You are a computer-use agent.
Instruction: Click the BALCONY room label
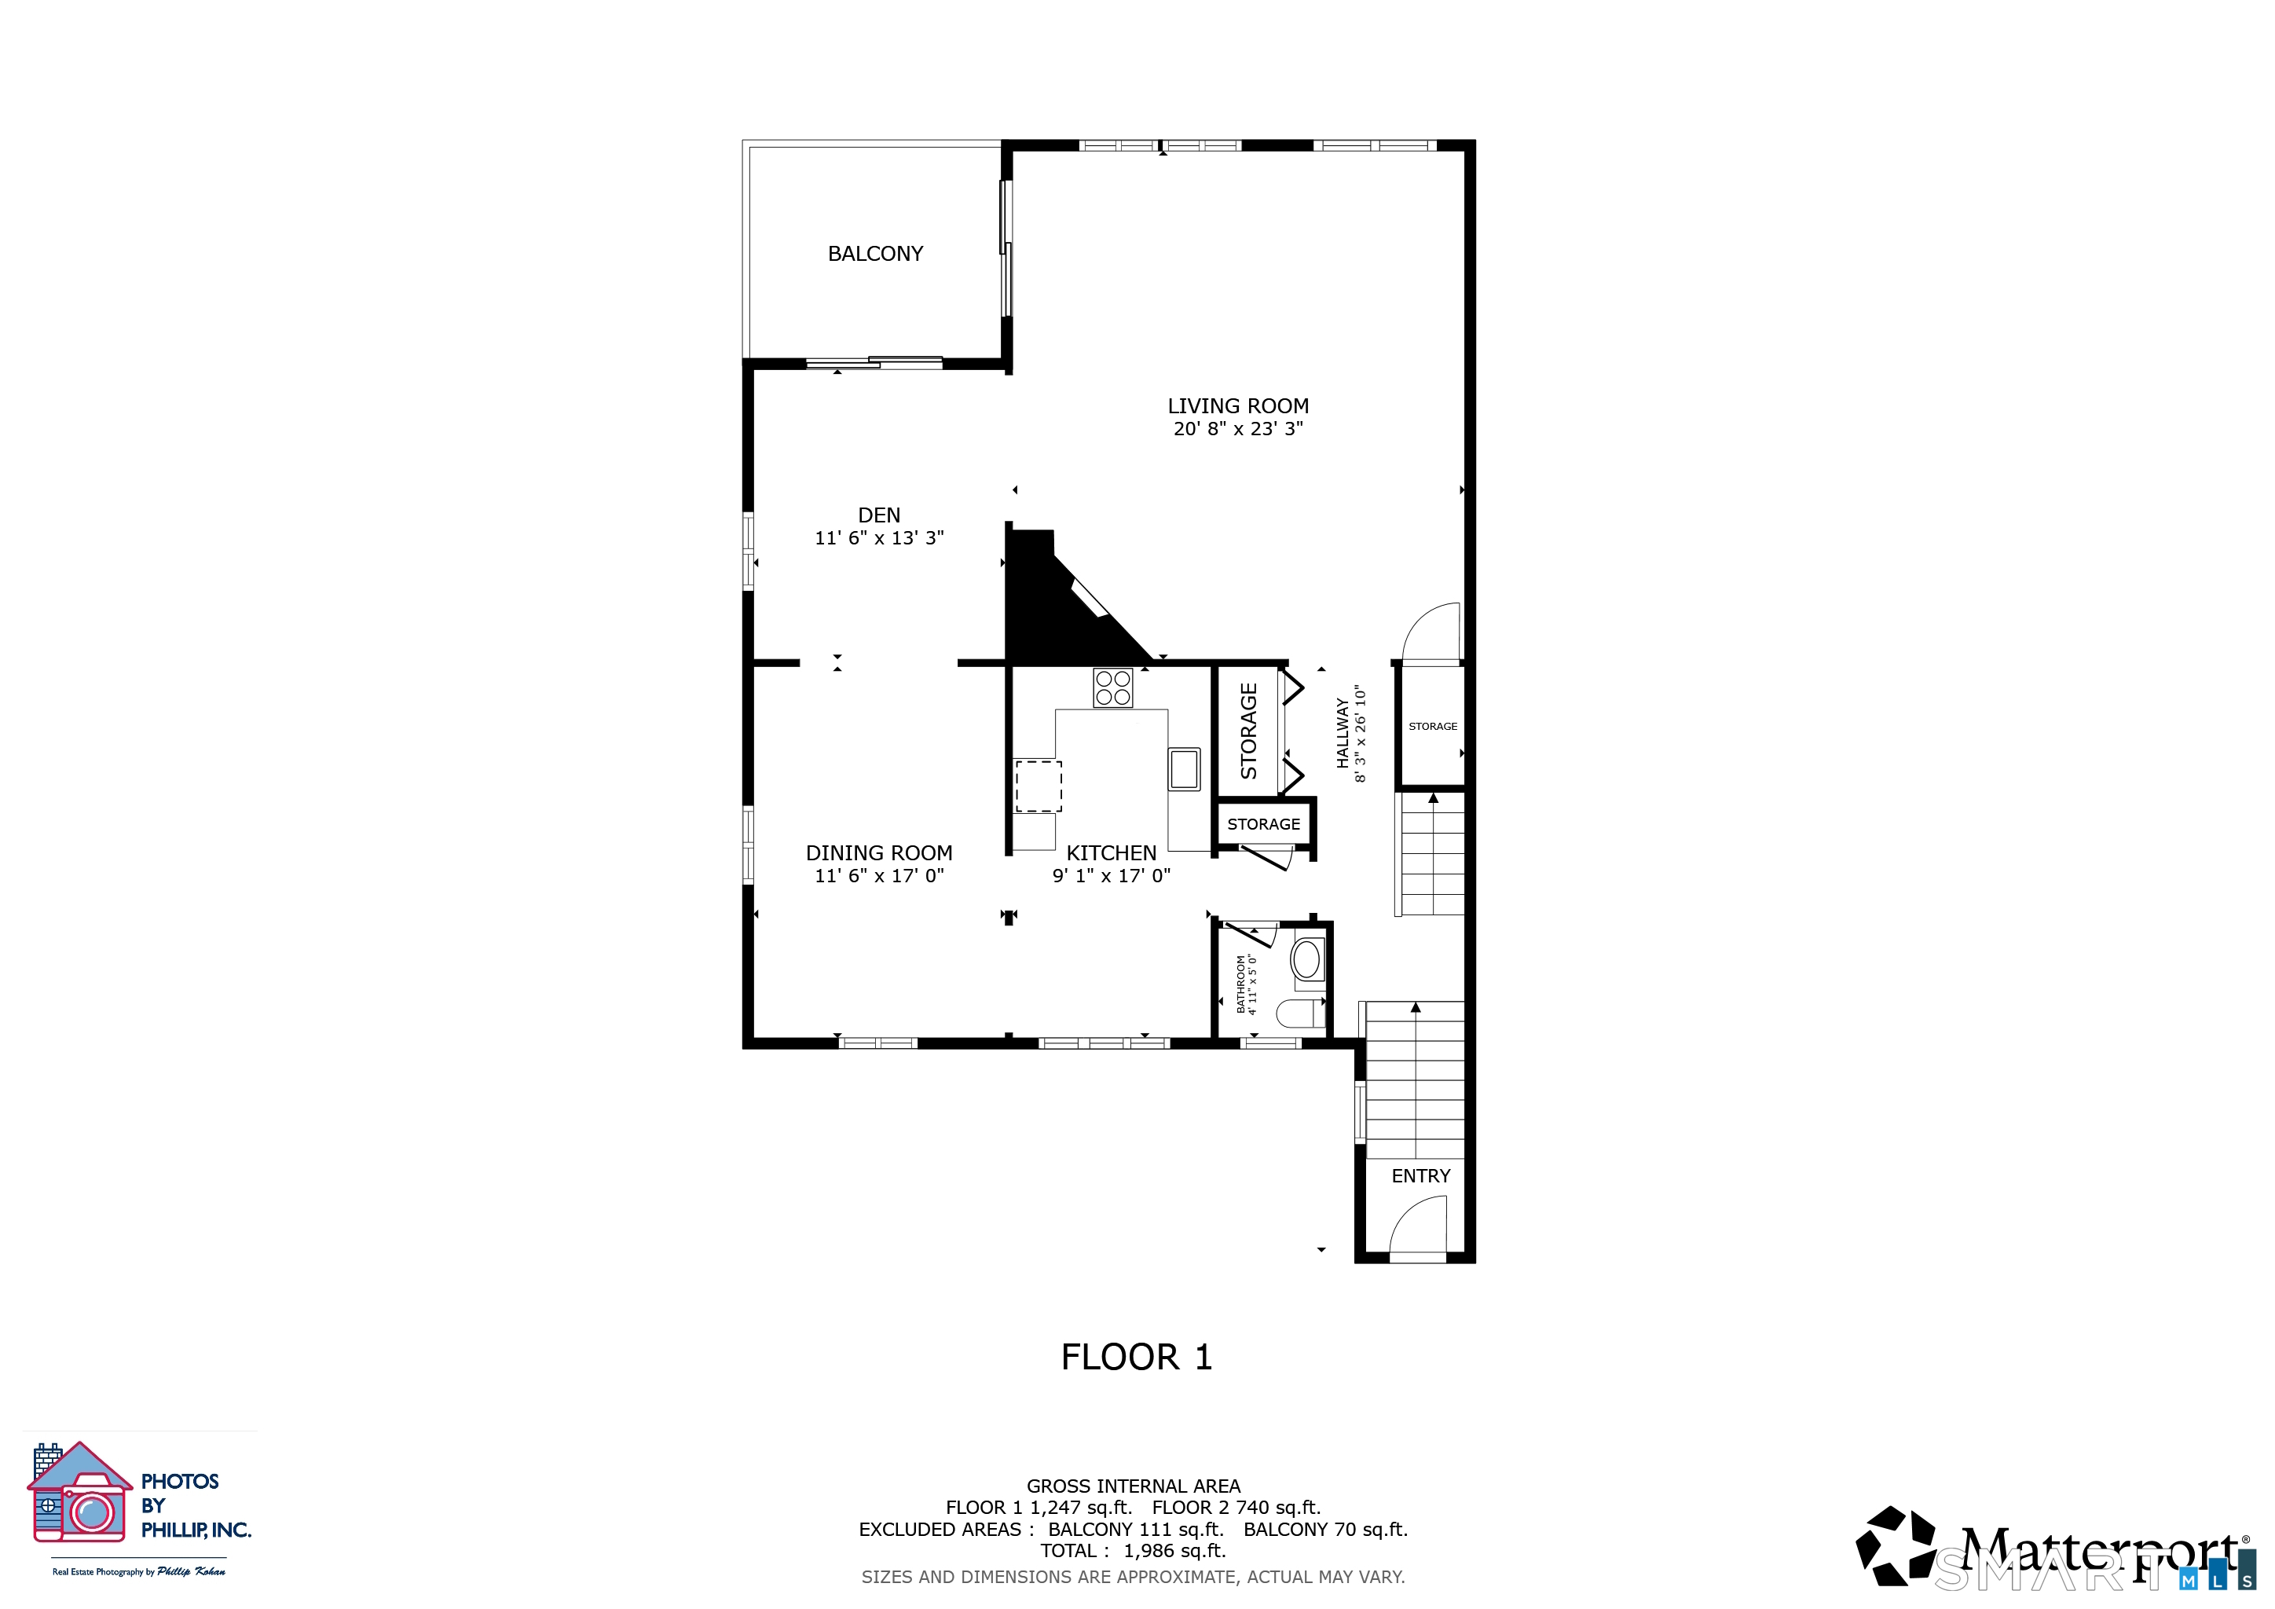point(875,254)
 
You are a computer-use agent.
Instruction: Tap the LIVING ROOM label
point(1237,406)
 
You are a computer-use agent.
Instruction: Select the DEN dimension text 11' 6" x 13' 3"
point(879,538)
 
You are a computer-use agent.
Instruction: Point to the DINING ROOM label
point(879,853)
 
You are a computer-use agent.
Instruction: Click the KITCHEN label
point(1111,853)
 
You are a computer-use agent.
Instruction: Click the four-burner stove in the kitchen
point(1112,687)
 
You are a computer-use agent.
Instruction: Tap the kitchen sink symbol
point(1184,769)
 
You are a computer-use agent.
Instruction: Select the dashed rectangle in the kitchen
point(1039,786)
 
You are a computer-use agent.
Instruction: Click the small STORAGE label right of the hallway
point(1433,726)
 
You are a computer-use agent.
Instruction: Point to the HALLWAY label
point(1343,733)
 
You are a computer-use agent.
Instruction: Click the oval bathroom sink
point(1306,959)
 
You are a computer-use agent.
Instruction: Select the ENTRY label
point(1421,1176)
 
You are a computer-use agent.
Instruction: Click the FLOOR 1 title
point(1137,1358)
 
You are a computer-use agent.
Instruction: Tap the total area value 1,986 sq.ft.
point(1174,1551)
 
